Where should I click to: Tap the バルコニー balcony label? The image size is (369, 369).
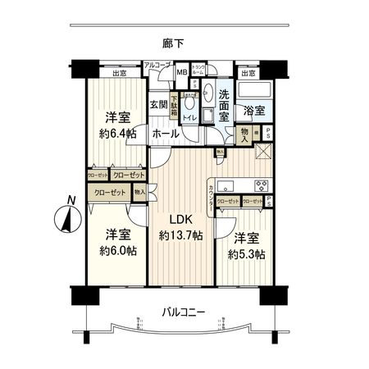(x=183, y=312)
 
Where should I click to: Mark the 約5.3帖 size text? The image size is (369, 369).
(x=248, y=254)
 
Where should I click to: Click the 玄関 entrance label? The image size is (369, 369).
(x=158, y=105)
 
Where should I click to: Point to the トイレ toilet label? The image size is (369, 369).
(x=190, y=117)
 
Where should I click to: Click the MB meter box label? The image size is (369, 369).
(x=180, y=72)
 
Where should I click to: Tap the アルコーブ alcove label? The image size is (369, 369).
(x=156, y=64)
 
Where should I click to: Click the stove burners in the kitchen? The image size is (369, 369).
(x=262, y=184)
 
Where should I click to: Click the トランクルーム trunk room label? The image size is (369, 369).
(x=199, y=69)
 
